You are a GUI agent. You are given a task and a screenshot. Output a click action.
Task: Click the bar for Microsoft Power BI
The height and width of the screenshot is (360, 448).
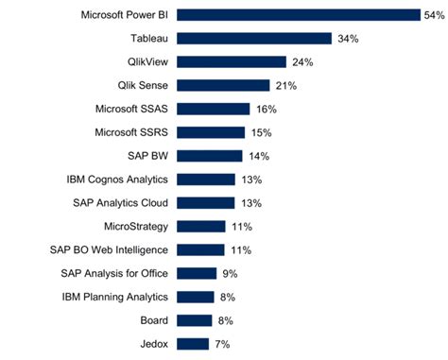(x=298, y=14)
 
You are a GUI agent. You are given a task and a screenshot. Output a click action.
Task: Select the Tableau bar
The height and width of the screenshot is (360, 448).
(x=254, y=38)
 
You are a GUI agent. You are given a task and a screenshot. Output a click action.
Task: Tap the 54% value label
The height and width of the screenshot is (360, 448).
(x=434, y=14)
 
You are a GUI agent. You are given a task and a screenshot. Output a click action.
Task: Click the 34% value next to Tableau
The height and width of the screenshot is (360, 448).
(x=346, y=38)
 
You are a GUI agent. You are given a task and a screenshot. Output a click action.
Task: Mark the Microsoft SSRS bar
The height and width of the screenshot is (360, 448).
(x=211, y=132)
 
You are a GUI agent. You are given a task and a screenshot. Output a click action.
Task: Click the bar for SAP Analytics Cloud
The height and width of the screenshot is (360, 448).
(x=206, y=202)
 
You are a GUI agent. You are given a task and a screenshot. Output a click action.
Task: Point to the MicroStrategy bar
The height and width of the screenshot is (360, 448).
(x=201, y=226)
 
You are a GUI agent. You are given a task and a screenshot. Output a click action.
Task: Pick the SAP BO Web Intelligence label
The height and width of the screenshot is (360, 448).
(x=110, y=249)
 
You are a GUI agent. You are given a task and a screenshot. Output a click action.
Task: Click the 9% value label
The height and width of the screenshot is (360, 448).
(x=228, y=273)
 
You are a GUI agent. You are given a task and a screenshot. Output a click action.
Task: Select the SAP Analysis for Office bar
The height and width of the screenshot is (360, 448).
(x=197, y=273)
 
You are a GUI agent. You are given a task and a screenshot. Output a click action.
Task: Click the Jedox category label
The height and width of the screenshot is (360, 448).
(x=153, y=344)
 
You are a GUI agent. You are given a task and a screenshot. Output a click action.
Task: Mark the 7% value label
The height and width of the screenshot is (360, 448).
(x=222, y=344)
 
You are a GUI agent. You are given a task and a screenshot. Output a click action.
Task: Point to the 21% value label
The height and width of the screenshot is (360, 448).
(x=286, y=85)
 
